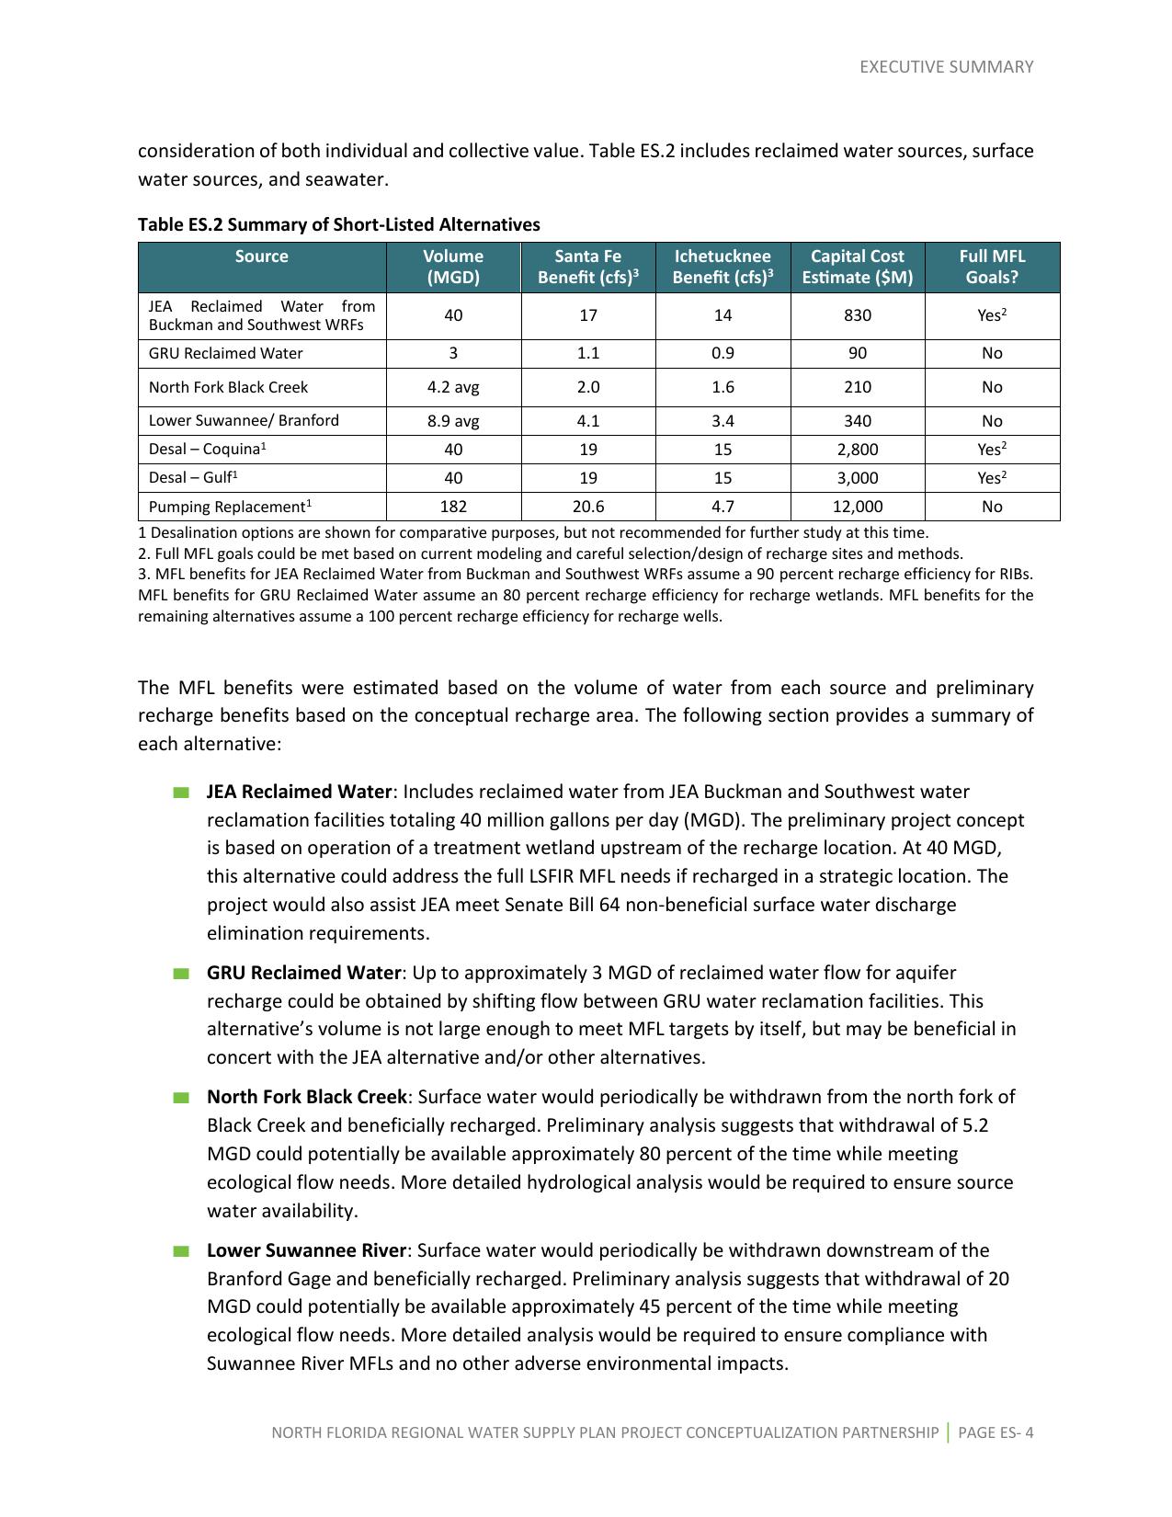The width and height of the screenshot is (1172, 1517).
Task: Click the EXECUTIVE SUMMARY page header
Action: click(946, 67)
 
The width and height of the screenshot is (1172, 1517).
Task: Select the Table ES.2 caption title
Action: click(338, 225)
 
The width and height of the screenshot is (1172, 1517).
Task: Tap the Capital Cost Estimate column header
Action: click(857, 267)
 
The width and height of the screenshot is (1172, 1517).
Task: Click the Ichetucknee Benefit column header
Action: click(723, 267)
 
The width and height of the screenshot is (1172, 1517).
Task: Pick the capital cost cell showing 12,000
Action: click(857, 507)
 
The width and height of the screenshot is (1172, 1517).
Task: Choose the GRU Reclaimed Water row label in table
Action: click(225, 353)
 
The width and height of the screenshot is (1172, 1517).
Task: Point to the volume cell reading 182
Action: click(453, 507)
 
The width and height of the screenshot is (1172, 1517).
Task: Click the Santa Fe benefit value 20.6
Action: click(588, 507)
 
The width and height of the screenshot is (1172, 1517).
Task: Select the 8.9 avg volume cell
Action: click(453, 421)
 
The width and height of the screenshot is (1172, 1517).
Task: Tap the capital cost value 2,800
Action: click(857, 450)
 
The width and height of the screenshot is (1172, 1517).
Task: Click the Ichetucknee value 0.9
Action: click(723, 353)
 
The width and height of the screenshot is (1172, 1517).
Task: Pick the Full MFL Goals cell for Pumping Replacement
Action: click(992, 507)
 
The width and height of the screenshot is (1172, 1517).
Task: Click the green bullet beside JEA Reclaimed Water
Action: click(180, 793)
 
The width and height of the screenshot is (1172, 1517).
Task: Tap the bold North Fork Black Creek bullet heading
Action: click(306, 1097)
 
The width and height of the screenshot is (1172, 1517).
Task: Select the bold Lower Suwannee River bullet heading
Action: click(306, 1250)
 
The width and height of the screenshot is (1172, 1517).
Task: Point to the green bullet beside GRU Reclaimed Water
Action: click(180, 974)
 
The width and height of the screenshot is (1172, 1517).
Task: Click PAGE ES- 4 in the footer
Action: click(996, 1432)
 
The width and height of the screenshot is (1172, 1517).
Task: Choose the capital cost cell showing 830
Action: click(857, 315)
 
